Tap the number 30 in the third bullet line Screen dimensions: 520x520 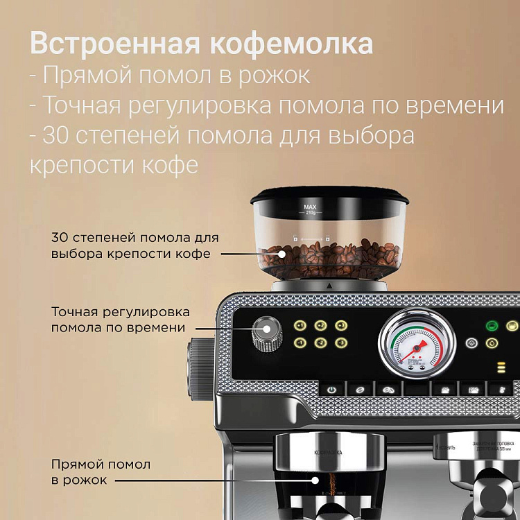(x=56, y=135)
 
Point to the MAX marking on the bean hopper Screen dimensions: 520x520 (x=310, y=206)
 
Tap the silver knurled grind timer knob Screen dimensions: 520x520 (x=267, y=333)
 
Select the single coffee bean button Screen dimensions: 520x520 (x=360, y=390)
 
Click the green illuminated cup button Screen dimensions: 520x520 (x=492, y=325)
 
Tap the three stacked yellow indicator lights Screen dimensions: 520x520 (x=501, y=367)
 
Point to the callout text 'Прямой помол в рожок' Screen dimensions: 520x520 (x=100, y=471)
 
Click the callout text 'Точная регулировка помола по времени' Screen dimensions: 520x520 (x=120, y=320)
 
